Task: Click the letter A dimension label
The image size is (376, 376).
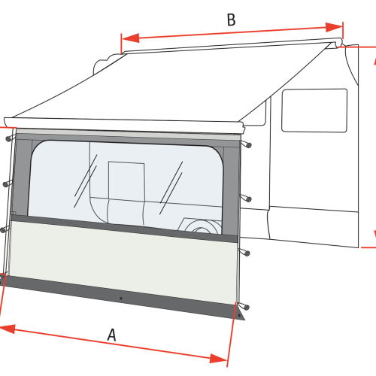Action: tap(112, 335)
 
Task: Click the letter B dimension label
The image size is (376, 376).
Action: tap(231, 20)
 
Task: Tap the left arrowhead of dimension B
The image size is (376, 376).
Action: tap(130, 38)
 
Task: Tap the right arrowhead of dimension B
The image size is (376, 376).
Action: tap(334, 27)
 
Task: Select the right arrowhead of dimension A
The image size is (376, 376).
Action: tap(219, 358)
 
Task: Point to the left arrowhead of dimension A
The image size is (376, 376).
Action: tap(8, 329)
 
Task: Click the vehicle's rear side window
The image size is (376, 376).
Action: tap(314, 111)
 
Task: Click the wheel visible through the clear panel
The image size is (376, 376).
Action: tap(201, 226)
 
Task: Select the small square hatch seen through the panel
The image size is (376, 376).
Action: tap(126, 181)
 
